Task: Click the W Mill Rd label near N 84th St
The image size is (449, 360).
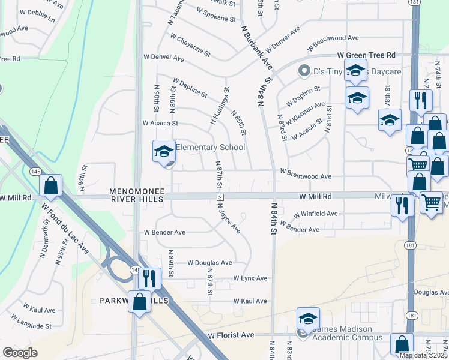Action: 315,196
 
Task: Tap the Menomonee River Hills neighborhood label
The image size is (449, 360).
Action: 136,196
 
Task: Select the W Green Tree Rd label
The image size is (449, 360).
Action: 367,55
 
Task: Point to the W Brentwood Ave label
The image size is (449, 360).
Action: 306,177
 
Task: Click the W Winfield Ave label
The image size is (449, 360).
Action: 315,214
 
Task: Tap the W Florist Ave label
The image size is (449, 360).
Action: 231,335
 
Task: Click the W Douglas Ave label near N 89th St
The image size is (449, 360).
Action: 209,263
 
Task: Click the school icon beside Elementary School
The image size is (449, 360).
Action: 163,152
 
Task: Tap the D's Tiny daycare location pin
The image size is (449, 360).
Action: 304,71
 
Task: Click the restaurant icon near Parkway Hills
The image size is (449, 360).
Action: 149,278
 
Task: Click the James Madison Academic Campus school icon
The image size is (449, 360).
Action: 308,319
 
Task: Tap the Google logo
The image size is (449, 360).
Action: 20,352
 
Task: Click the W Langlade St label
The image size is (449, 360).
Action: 31,326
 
